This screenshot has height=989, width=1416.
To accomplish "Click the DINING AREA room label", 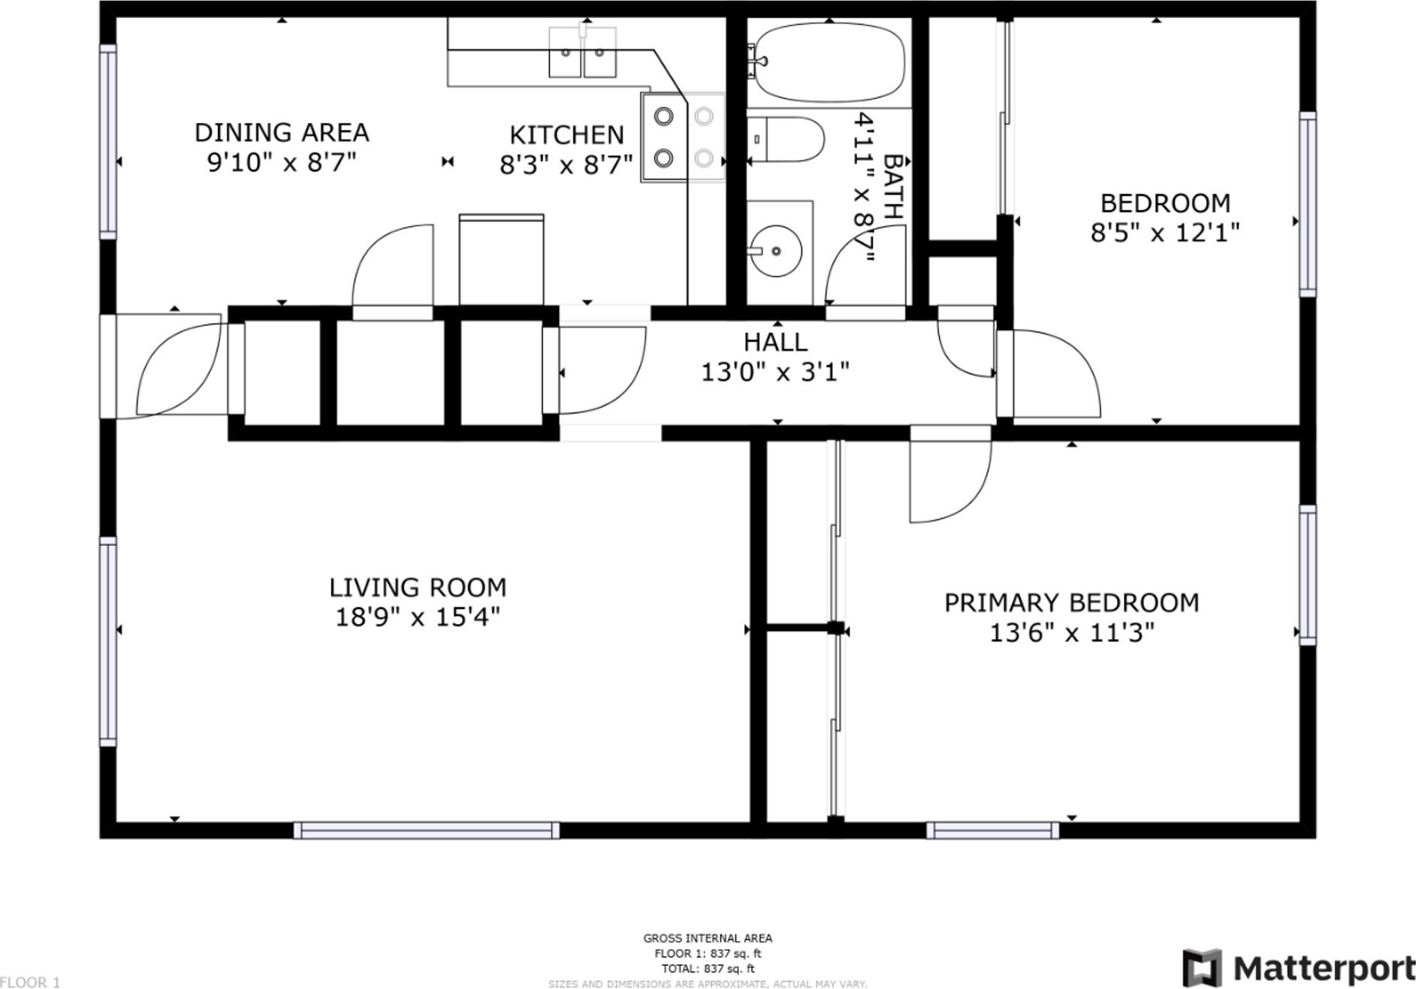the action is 282,133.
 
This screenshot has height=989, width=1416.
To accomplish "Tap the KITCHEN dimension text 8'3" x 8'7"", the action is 566,164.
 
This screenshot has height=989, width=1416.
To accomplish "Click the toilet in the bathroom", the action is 786,140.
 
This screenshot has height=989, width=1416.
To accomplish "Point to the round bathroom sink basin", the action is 775,250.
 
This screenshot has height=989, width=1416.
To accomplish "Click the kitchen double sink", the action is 582,53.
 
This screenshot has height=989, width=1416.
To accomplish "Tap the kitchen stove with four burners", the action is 683,137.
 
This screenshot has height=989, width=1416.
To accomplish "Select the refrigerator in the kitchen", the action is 501,259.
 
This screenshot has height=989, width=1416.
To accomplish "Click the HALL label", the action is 775,342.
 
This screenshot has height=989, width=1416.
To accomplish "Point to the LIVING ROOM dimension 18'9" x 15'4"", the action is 418,617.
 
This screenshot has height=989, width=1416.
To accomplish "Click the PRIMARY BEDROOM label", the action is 1071,603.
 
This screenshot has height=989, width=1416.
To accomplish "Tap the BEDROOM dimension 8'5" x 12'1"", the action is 1165,233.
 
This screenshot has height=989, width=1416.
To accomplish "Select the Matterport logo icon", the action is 1202,968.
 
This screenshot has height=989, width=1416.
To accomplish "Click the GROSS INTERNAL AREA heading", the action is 708,938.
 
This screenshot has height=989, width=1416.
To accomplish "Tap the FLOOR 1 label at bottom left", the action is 30,982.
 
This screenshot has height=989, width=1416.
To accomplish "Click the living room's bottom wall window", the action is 426,830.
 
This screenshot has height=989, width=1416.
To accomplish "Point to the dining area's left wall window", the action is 109,142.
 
